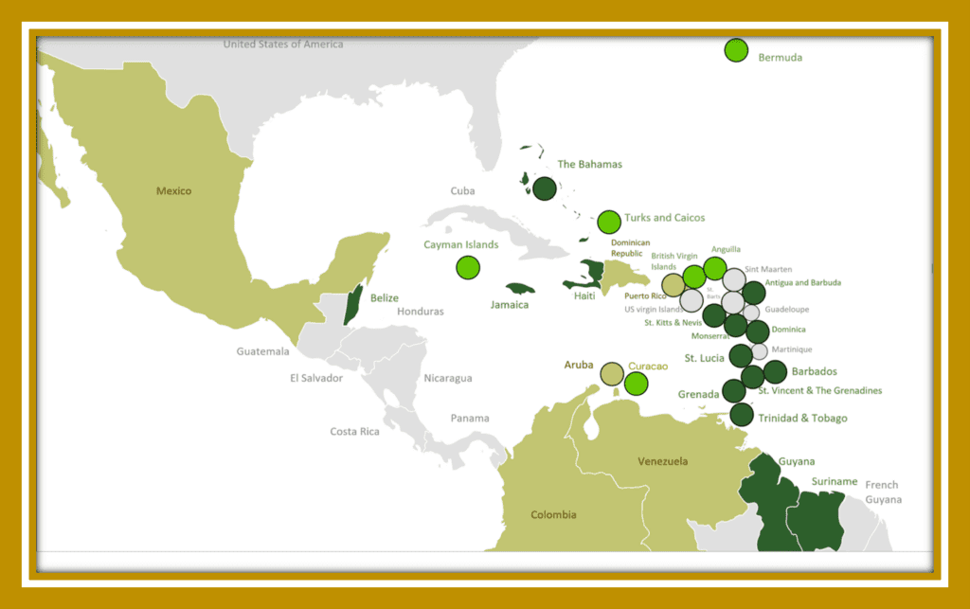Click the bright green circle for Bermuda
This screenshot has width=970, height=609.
click(736, 50)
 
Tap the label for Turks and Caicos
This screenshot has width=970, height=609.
click(664, 218)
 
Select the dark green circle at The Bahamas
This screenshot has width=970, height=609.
click(544, 188)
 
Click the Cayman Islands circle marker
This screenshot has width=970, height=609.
click(468, 268)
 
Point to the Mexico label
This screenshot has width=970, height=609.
click(174, 191)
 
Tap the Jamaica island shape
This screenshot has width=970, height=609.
click(521, 288)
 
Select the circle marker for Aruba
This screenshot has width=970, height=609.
click(612, 373)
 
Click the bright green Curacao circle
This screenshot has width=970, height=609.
click(636, 384)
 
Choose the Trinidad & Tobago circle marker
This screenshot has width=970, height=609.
click(742, 415)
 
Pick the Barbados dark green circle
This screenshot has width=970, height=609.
click(775, 372)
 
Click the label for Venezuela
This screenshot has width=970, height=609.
click(663, 461)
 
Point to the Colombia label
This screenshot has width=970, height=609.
click(553, 514)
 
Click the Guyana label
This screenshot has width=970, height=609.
click(797, 461)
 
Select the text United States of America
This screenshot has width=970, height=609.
click(283, 45)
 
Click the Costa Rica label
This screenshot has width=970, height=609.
click(355, 432)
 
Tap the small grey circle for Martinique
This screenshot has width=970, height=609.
click(759, 350)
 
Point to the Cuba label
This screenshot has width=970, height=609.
click(462, 191)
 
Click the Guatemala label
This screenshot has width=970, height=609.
click(262, 351)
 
